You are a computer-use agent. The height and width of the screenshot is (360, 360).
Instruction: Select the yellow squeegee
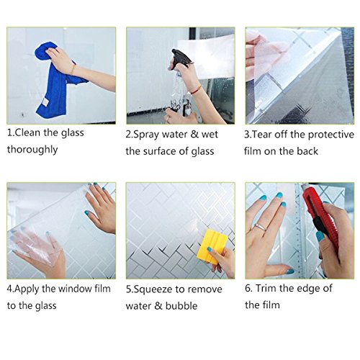[212, 246]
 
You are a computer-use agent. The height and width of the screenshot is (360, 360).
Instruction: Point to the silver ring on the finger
[261, 227]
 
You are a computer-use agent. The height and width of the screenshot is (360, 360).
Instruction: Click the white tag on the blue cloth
[45, 102]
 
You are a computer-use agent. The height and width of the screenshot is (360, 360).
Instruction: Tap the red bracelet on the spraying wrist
[197, 90]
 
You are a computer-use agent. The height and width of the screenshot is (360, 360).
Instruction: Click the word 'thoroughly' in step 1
[32, 150]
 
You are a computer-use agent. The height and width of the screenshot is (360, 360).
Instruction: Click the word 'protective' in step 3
[331, 135]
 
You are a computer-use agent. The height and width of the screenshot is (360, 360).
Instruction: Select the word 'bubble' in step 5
[181, 306]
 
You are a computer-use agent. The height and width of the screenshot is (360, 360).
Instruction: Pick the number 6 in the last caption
[248, 288]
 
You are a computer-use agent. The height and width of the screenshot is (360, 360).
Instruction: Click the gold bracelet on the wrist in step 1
[73, 70]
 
